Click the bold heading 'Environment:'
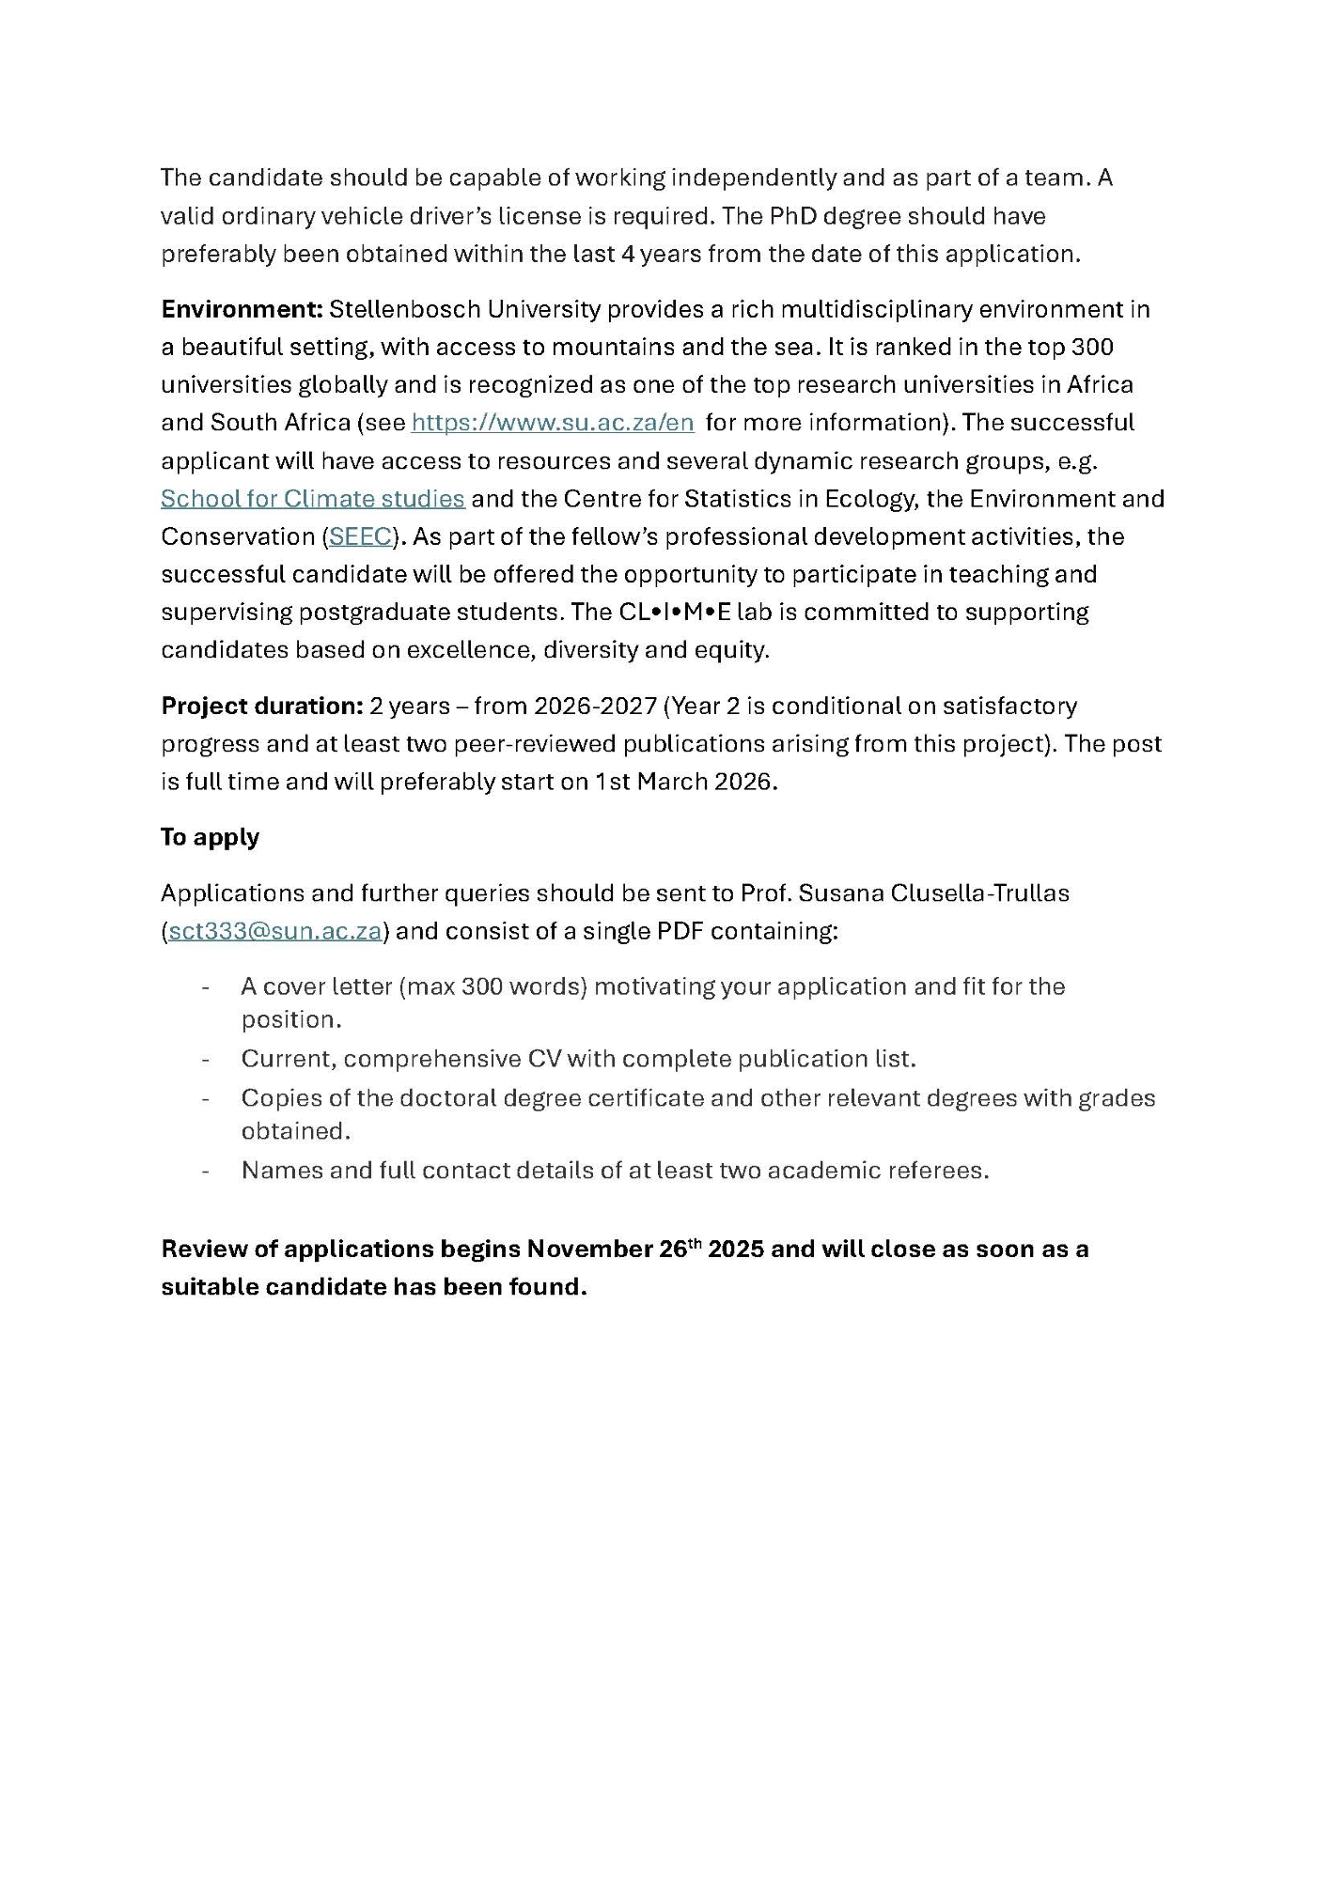[242, 309]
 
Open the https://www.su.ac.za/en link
[553, 423]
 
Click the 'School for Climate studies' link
[312, 499]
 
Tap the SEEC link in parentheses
[360, 536]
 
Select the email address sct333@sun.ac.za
[275, 931]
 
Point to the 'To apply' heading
[210, 837]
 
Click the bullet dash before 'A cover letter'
[205, 986]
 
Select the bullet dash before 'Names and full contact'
[205, 1171]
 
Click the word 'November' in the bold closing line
[583, 1250]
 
